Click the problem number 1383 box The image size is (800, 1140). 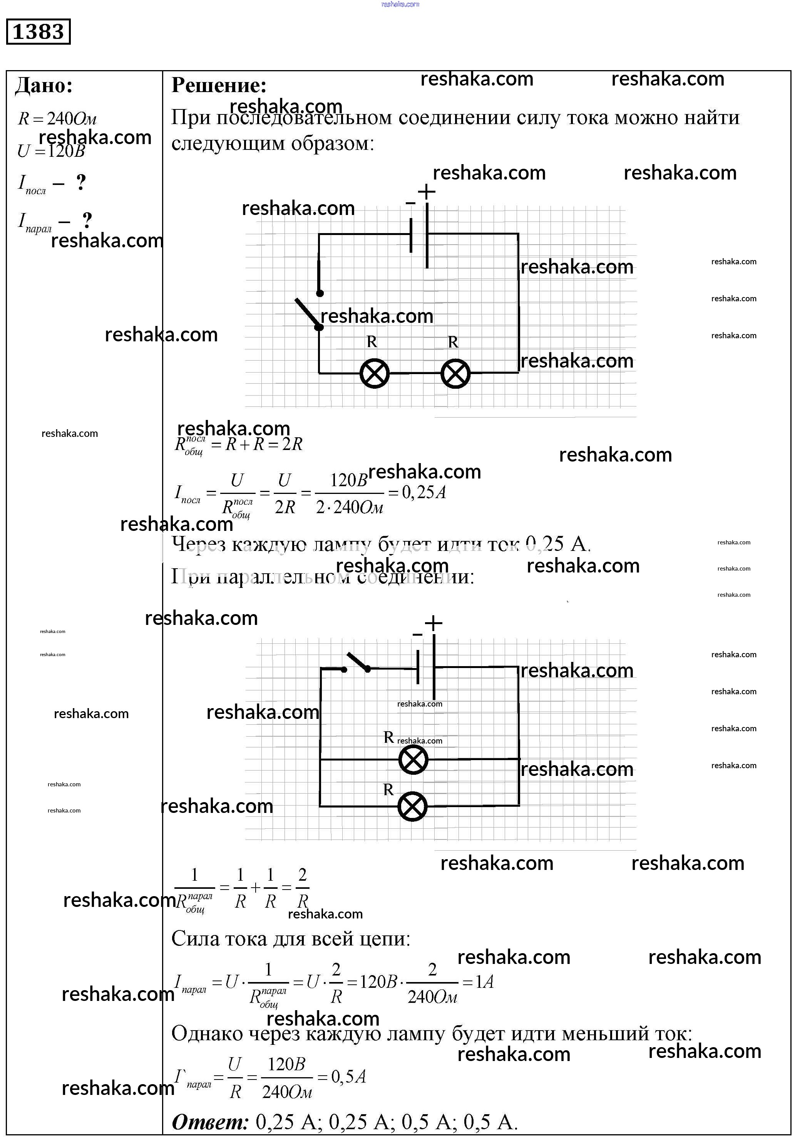(38, 32)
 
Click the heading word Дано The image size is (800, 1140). (44, 86)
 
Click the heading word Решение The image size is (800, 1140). (219, 86)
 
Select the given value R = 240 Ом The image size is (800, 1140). (57, 119)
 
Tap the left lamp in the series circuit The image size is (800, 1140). (374, 373)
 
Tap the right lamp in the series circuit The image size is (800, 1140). (455, 373)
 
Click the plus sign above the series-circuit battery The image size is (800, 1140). (426, 191)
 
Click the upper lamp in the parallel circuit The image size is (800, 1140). (413, 759)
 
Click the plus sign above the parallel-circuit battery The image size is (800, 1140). (433, 623)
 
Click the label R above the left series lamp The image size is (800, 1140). (372, 342)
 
